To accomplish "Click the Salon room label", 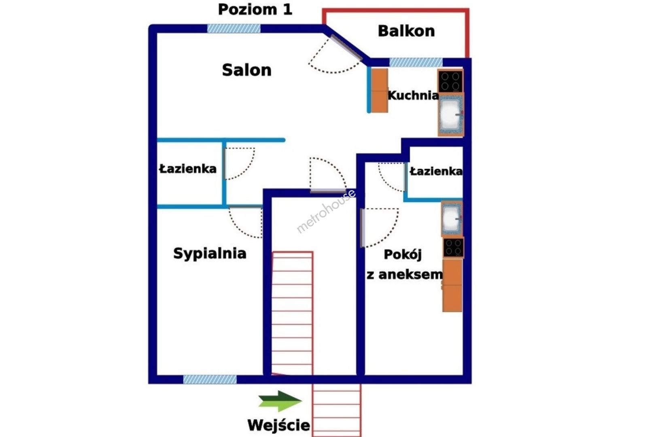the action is (246, 70).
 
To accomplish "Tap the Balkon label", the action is (406, 31).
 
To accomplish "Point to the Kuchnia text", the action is (413, 95).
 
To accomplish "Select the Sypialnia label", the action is (210, 254).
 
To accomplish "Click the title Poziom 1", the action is (255, 9).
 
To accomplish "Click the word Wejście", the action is (278, 425).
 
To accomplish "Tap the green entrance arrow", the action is (280, 401).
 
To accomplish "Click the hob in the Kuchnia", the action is (450, 81).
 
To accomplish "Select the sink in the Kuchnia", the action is (451, 115).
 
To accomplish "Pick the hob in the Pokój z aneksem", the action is (453, 248).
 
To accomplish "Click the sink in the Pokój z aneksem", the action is (452, 218).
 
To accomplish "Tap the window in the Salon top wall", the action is (234, 28).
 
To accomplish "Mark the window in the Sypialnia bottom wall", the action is (210, 379).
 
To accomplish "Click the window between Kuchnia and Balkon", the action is (416, 62).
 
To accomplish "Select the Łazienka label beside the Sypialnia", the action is (188, 169).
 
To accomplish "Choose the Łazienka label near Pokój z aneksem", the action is (436, 171).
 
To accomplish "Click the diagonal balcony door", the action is (346, 47).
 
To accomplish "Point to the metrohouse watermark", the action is (326, 211).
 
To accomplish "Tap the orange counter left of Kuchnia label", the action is (380, 91).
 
